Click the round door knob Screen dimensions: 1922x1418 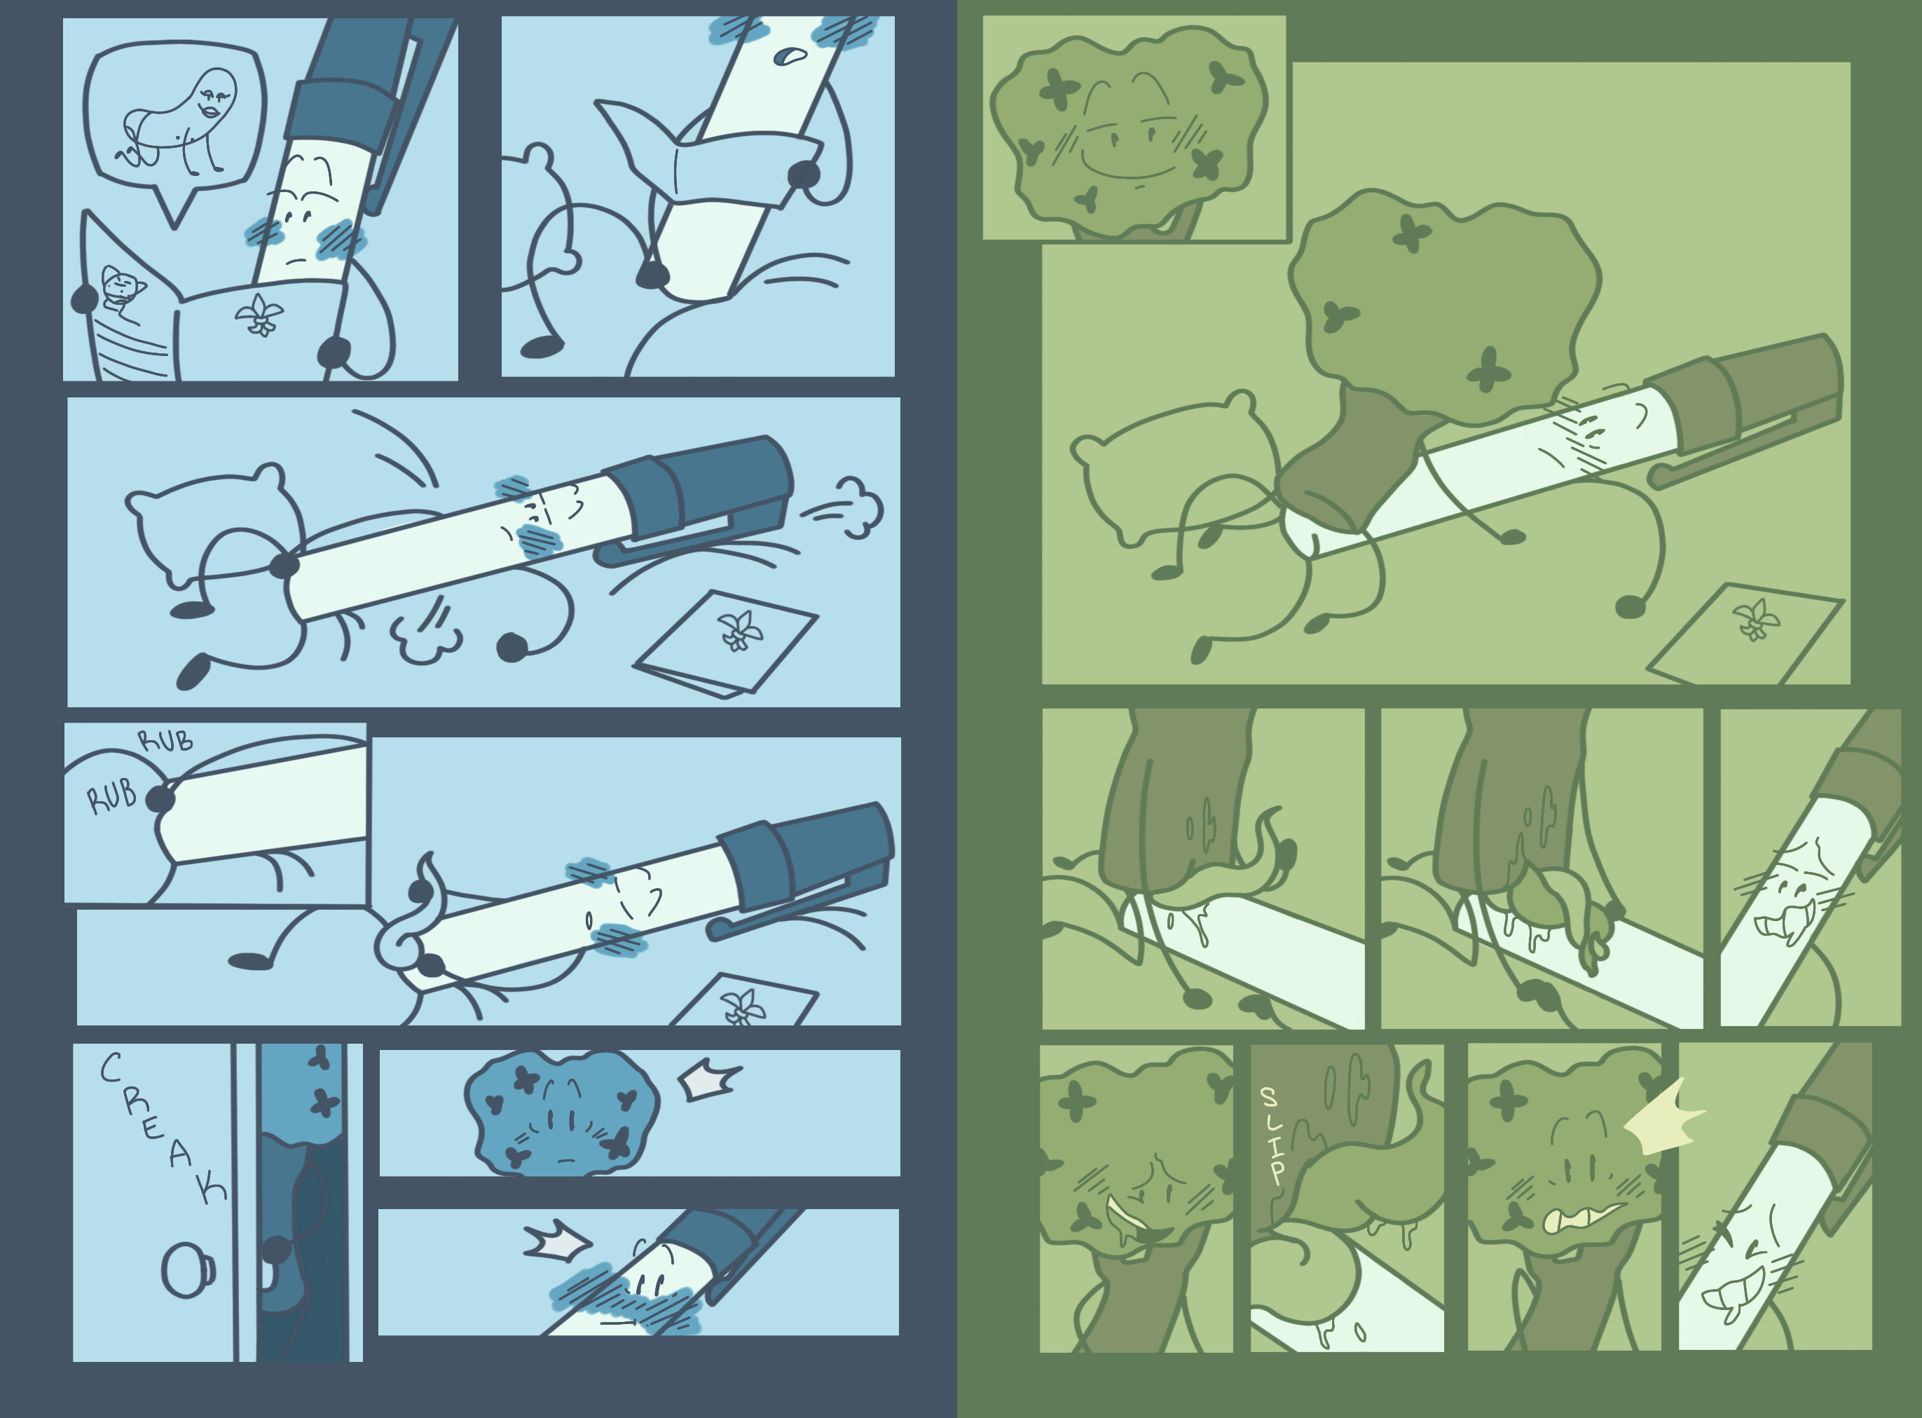point(188,1270)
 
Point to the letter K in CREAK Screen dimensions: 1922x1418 point(211,1187)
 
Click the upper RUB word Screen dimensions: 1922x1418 point(165,740)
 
